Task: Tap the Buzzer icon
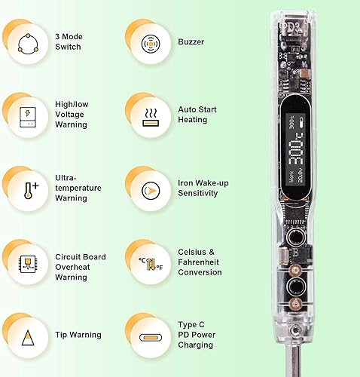[150, 42]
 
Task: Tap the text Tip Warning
[78, 335]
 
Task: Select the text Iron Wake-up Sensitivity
[197, 188]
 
